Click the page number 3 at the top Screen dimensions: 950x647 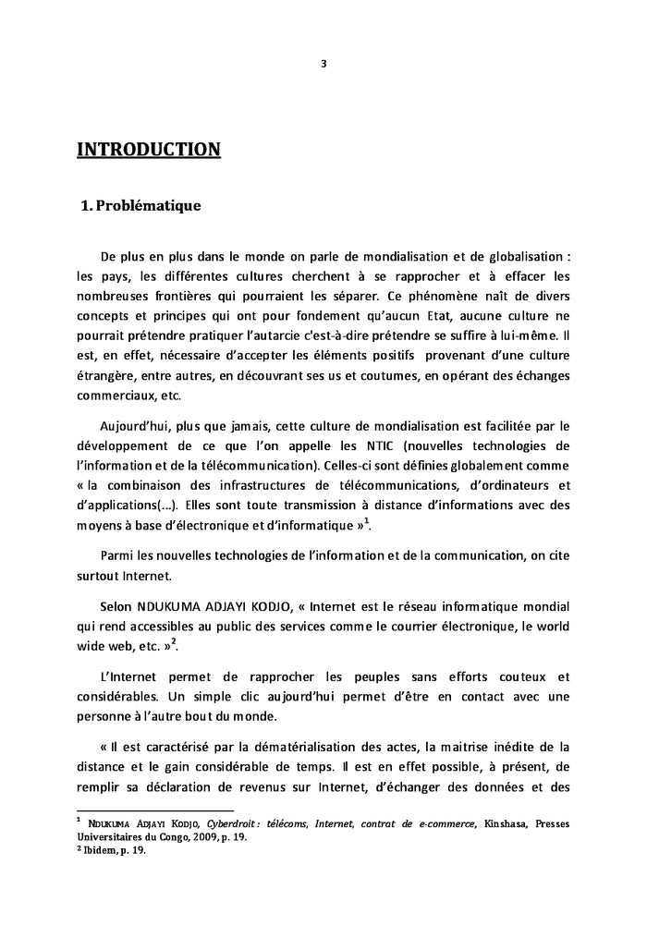click(x=323, y=64)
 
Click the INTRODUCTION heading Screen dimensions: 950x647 click(x=148, y=149)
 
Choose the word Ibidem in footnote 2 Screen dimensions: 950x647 click(x=101, y=850)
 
